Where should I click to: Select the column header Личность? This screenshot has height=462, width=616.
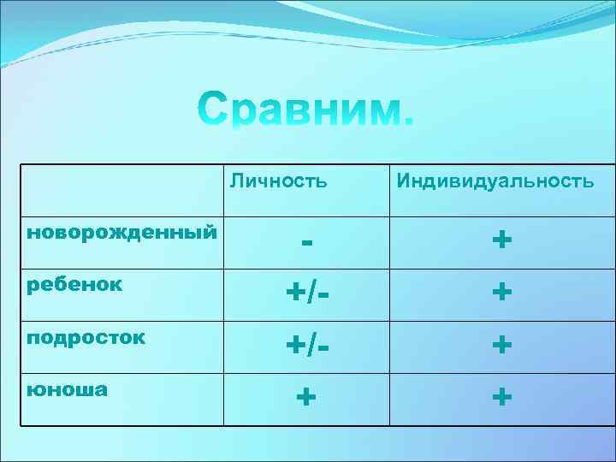tap(278, 181)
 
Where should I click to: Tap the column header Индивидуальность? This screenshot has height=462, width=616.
tap(494, 181)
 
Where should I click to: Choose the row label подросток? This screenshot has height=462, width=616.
tap(86, 336)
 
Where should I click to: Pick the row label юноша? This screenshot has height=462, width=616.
tap(68, 389)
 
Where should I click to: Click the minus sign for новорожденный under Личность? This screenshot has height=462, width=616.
tap(305, 241)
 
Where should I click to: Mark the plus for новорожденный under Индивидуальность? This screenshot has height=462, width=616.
tap(502, 240)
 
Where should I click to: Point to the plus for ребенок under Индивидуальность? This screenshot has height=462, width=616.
tap(502, 293)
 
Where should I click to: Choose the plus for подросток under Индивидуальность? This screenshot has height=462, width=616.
tap(502, 346)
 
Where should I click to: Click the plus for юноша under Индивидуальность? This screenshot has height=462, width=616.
tap(502, 397)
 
